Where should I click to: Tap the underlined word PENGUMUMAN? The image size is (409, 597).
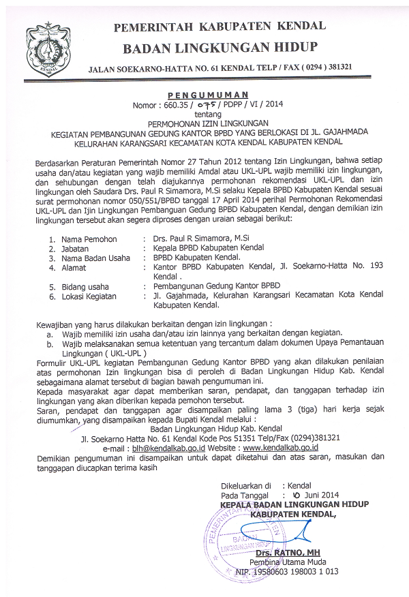click(208, 95)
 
